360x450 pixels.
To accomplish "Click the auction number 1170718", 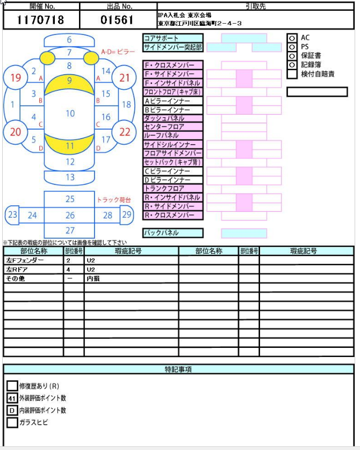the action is pos(40,20).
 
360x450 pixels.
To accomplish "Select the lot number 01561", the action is pos(117,20).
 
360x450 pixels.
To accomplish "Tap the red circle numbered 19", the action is pos(16,77).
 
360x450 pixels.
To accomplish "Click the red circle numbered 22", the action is pos(125,132).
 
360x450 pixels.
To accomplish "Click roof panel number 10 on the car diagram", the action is pos(70,113).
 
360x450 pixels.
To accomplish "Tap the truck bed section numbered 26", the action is pos(70,215).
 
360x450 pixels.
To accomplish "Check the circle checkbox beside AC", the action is pos(292,38).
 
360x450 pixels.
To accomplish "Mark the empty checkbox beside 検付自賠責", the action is pos(292,74).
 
